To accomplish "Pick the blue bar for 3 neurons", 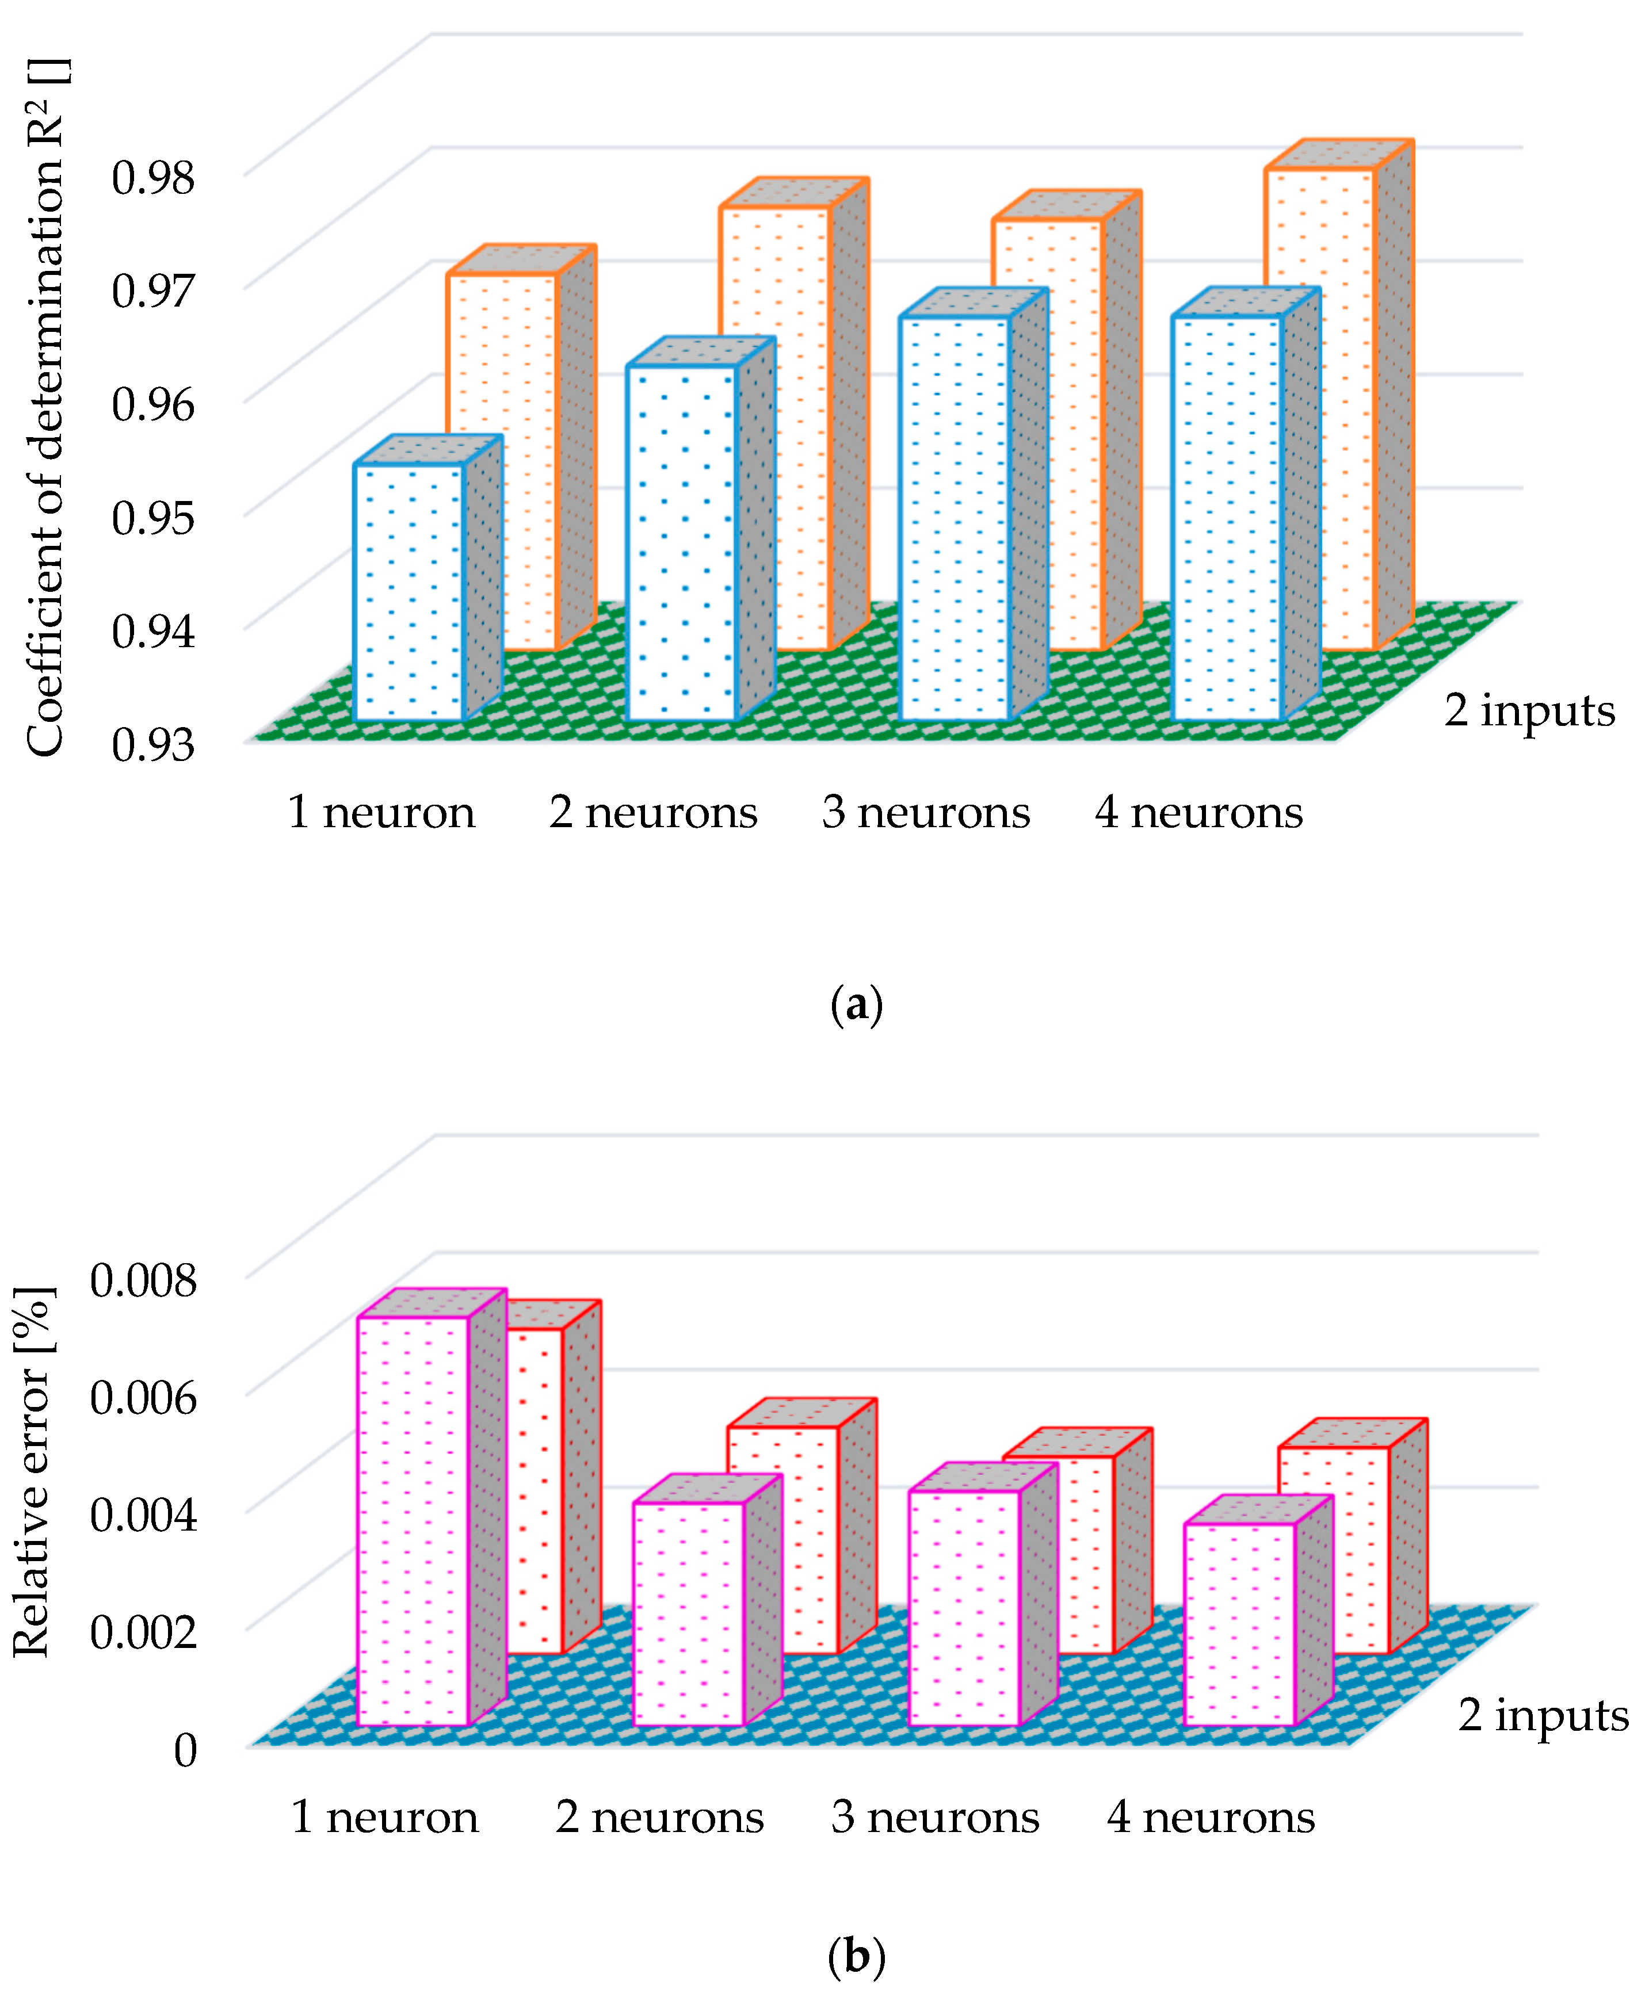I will (x=954, y=518).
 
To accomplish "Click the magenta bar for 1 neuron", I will (x=413, y=1520).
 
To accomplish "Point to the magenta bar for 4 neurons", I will (x=1239, y=1624).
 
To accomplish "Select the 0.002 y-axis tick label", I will (x=143, y=1631).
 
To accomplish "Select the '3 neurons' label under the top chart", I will (x=926, y=813).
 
